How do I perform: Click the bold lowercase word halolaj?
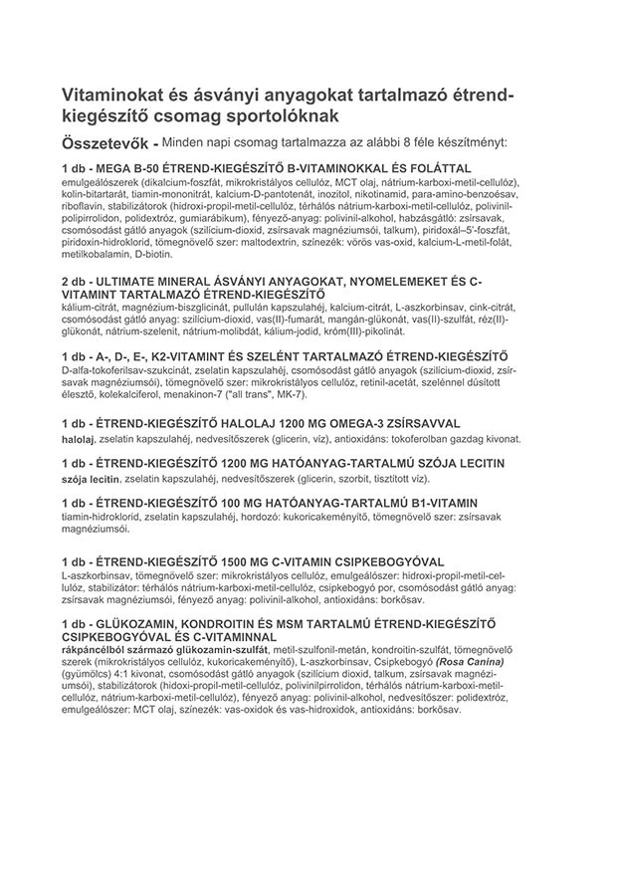pyautogui.click(x=79, y=437)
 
